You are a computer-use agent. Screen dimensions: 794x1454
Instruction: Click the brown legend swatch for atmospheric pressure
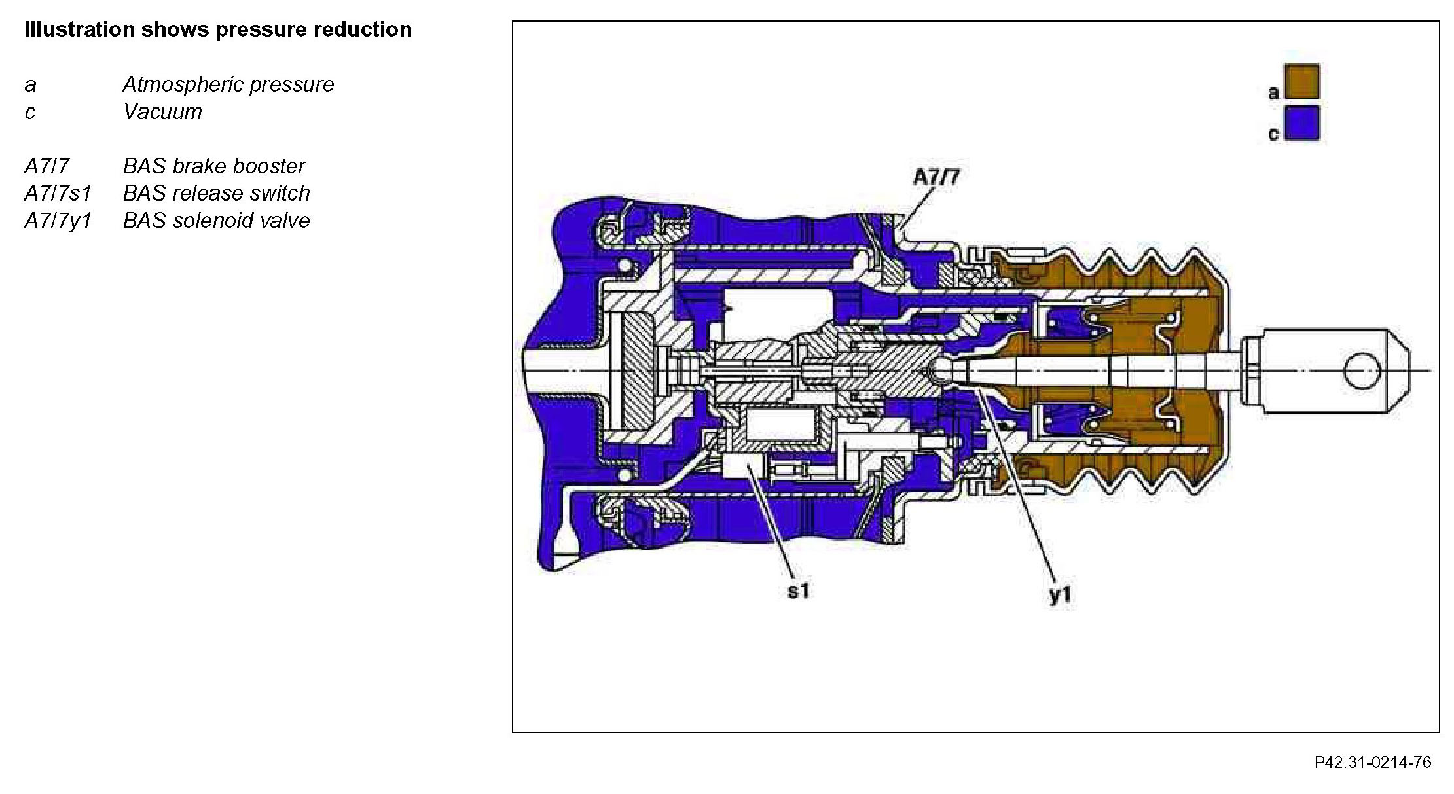point(1301,82)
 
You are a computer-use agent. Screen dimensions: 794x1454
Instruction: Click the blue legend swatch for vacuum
point(1301,123)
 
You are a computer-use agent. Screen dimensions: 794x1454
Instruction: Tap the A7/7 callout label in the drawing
point(937,177)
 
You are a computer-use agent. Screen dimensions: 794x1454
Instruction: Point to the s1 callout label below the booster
point(798,591)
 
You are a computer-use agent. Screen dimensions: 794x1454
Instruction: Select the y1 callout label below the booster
point(1060,594)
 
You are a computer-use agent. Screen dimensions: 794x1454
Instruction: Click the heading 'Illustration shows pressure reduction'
point(218,29)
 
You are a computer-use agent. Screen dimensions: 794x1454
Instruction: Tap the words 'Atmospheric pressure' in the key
point(228,84)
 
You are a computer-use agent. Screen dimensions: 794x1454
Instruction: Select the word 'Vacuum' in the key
point(162,112)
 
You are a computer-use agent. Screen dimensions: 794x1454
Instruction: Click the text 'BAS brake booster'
point(214,166)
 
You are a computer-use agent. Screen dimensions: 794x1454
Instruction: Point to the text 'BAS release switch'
point(216,194)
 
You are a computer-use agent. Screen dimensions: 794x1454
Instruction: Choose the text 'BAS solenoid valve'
point(216,221)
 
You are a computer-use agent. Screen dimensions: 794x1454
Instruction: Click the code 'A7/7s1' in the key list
point(58,194)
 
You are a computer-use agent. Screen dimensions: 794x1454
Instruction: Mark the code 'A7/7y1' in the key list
point(58,221)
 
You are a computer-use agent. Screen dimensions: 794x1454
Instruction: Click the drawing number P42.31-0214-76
point(1373,763)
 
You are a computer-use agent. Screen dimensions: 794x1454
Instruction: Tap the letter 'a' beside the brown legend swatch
point(1273,93)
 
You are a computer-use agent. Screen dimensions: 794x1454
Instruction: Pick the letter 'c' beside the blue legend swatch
point(1273,134)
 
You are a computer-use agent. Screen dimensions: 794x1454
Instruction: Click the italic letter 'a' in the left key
point(30,85)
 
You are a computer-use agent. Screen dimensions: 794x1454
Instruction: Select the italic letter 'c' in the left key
point(30,113)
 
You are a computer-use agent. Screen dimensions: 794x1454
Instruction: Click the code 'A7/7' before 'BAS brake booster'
point(46,166)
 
